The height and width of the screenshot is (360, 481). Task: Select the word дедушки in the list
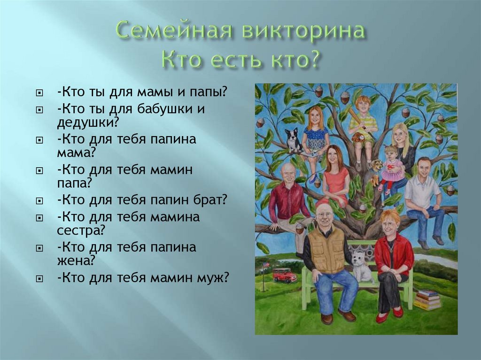(87, 123)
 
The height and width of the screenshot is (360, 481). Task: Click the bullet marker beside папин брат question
(39, 201)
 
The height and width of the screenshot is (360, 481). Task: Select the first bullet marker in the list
(39, 92)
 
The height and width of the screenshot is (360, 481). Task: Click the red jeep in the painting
(284, 275)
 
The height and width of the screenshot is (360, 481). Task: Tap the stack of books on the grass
(427, 299)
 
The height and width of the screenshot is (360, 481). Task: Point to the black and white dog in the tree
(294, 140)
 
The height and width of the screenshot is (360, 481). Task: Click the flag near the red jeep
(266, 265)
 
